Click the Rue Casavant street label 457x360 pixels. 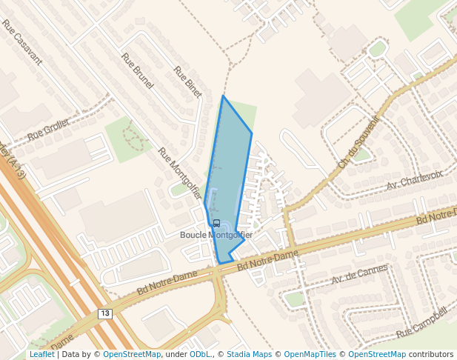click(22, 42)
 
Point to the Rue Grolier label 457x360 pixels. click(47, 132)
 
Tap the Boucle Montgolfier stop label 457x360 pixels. click(216, 235)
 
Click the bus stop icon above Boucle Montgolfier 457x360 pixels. click(216, 223)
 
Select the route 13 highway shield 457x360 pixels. click(104, 314)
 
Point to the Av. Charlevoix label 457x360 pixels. click(414, 180)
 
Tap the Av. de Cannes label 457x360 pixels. click(359, 274)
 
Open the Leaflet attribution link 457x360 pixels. click(41, 355)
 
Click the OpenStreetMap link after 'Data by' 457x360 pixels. click(131, 355)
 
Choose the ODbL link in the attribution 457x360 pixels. click(200, 355)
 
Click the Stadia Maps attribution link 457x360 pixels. click(249, 355)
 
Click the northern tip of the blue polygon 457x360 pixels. click(223, 96)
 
